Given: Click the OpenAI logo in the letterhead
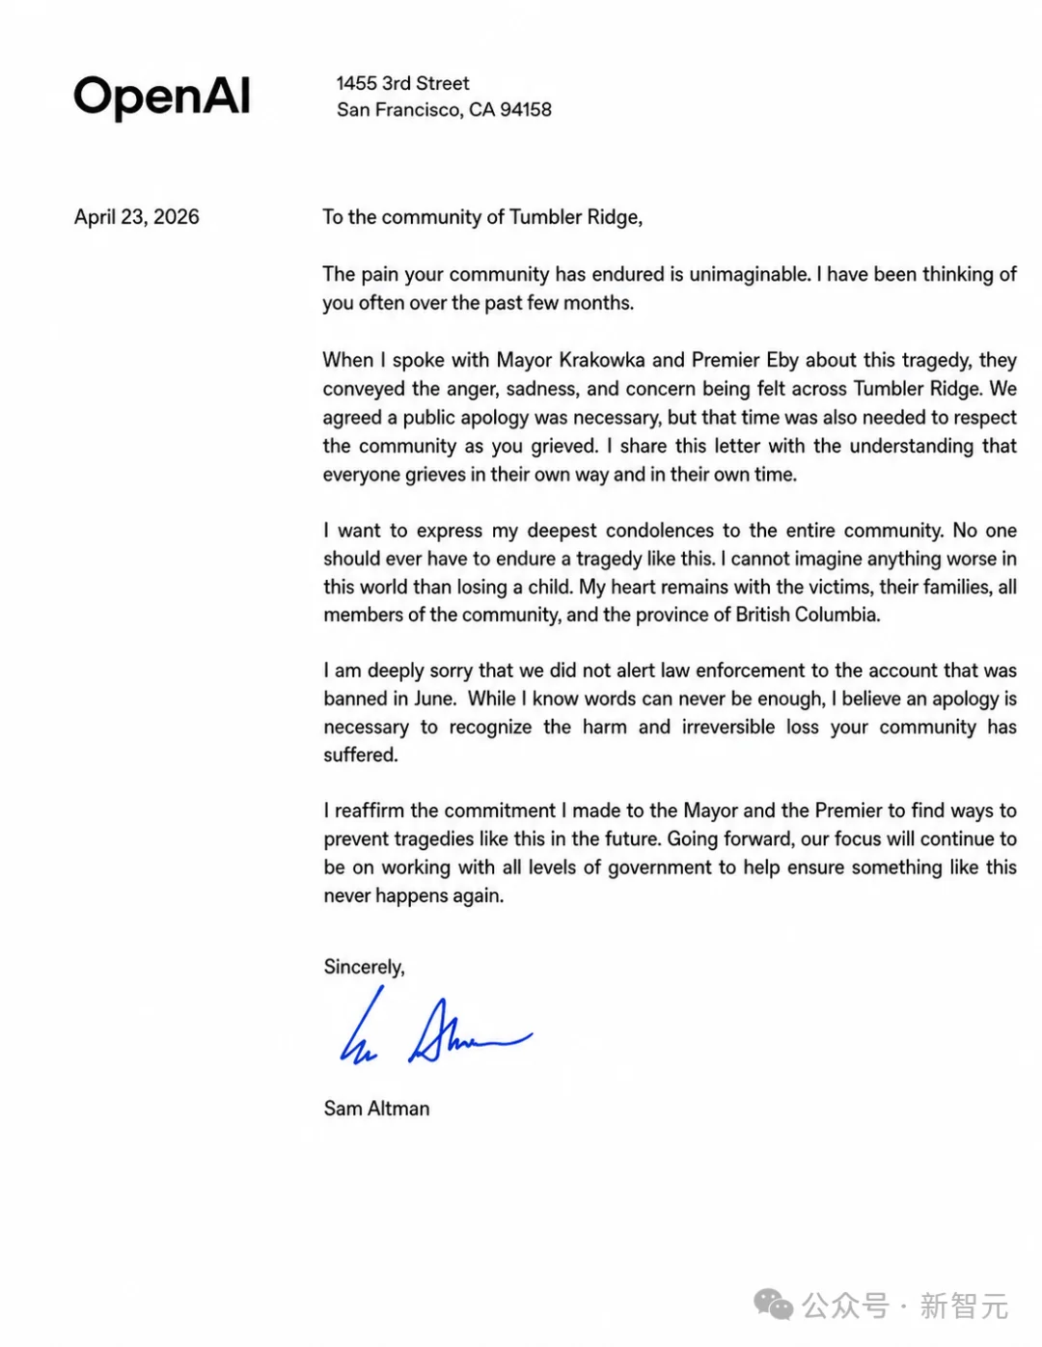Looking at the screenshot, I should (162, 96).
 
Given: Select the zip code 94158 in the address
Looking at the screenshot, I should (526, 110).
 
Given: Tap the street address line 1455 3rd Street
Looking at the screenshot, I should (402, 84).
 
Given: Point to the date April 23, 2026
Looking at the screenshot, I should (137, 217).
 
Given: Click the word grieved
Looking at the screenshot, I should (563, 446).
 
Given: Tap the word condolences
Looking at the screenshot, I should (660, 531).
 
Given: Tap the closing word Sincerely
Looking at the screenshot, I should (364, 967).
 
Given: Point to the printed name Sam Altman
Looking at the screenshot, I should (376, 1109).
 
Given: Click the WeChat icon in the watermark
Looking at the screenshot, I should (773, 1306).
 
